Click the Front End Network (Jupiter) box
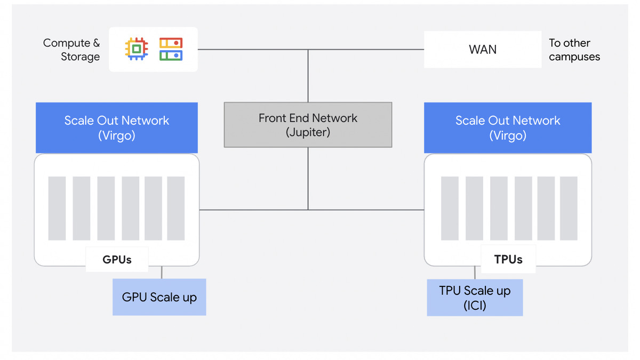308,125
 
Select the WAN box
482,50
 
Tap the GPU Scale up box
159,297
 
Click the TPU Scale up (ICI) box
474,298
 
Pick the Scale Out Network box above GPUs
116,127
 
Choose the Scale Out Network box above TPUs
507,127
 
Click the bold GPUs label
117,260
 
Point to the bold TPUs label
508,260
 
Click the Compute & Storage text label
71,50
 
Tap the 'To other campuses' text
574,50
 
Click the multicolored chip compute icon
137,49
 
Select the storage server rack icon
171,49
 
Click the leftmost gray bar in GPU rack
57,208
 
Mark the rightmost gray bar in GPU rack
175,208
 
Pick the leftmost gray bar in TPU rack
450,208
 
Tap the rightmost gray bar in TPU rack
569,208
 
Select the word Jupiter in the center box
308,132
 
